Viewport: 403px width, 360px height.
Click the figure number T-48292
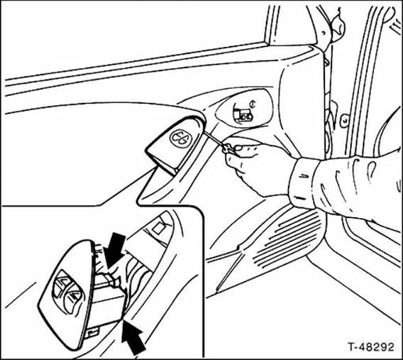(x=370, y=347)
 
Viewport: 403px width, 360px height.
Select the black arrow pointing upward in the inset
(x=133, y=336)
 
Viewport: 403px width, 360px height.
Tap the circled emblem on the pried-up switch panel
(x=181, y=138)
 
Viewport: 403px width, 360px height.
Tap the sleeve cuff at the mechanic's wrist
(x=303, y=184)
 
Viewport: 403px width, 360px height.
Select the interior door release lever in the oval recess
(x=243, y=115)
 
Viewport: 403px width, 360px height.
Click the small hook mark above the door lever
(x=253, y=104)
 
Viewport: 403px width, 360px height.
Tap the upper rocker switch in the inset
(x=61, y=285)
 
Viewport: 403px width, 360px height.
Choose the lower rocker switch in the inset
(x=72, y=300)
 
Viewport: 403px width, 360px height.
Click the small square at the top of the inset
(x=159, y=229)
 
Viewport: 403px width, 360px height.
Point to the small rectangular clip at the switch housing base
(x=92, y=333)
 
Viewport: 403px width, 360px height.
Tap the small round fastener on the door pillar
(x=344, y=119)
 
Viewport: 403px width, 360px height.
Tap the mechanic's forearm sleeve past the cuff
(x=358, y=187)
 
